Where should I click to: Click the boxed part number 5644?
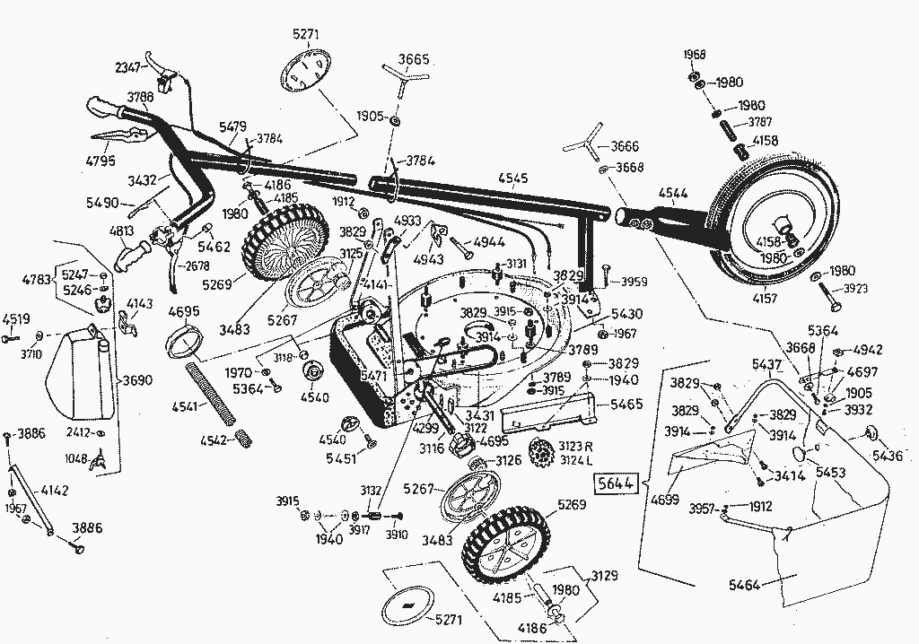tap(615, 484)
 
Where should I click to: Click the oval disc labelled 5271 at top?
tap(307, 71)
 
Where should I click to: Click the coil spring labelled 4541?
tap(212, 392)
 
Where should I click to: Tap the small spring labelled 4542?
tap(243, 439)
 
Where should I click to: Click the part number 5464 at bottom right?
tap(744, 586)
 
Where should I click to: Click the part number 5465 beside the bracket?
tap(626, 405)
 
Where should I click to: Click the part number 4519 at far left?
tap(16, 318)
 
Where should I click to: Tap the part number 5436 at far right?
tap(888, 456)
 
